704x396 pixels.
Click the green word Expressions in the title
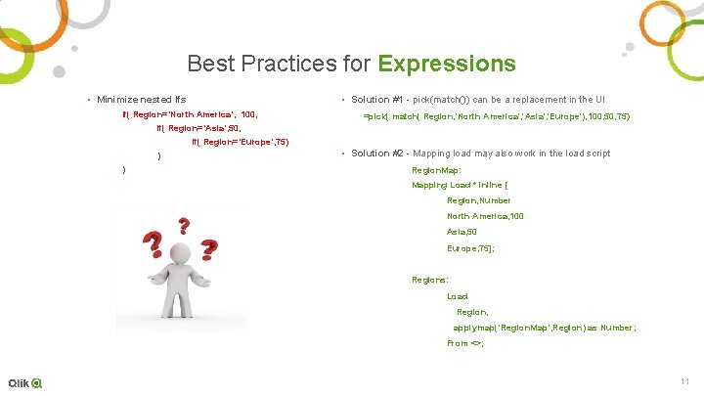(x=446, y=65)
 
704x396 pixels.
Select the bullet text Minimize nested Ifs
(x=141, y=100)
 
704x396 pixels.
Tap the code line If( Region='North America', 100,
(x=189, y=114)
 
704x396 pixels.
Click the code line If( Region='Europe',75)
(x=241, y=142)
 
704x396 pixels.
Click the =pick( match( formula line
(x=496, y=116)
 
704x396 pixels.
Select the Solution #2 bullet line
(x=480, y=153)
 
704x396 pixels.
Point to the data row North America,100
(x=485, y=216)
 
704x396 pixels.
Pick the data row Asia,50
(x=462, y=232)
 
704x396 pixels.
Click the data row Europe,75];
(x=470, y=248)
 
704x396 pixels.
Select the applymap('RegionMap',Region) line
(x=544, y=328)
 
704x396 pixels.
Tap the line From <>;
(x=465, y=343)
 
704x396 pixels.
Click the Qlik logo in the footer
(x=25, y=382)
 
